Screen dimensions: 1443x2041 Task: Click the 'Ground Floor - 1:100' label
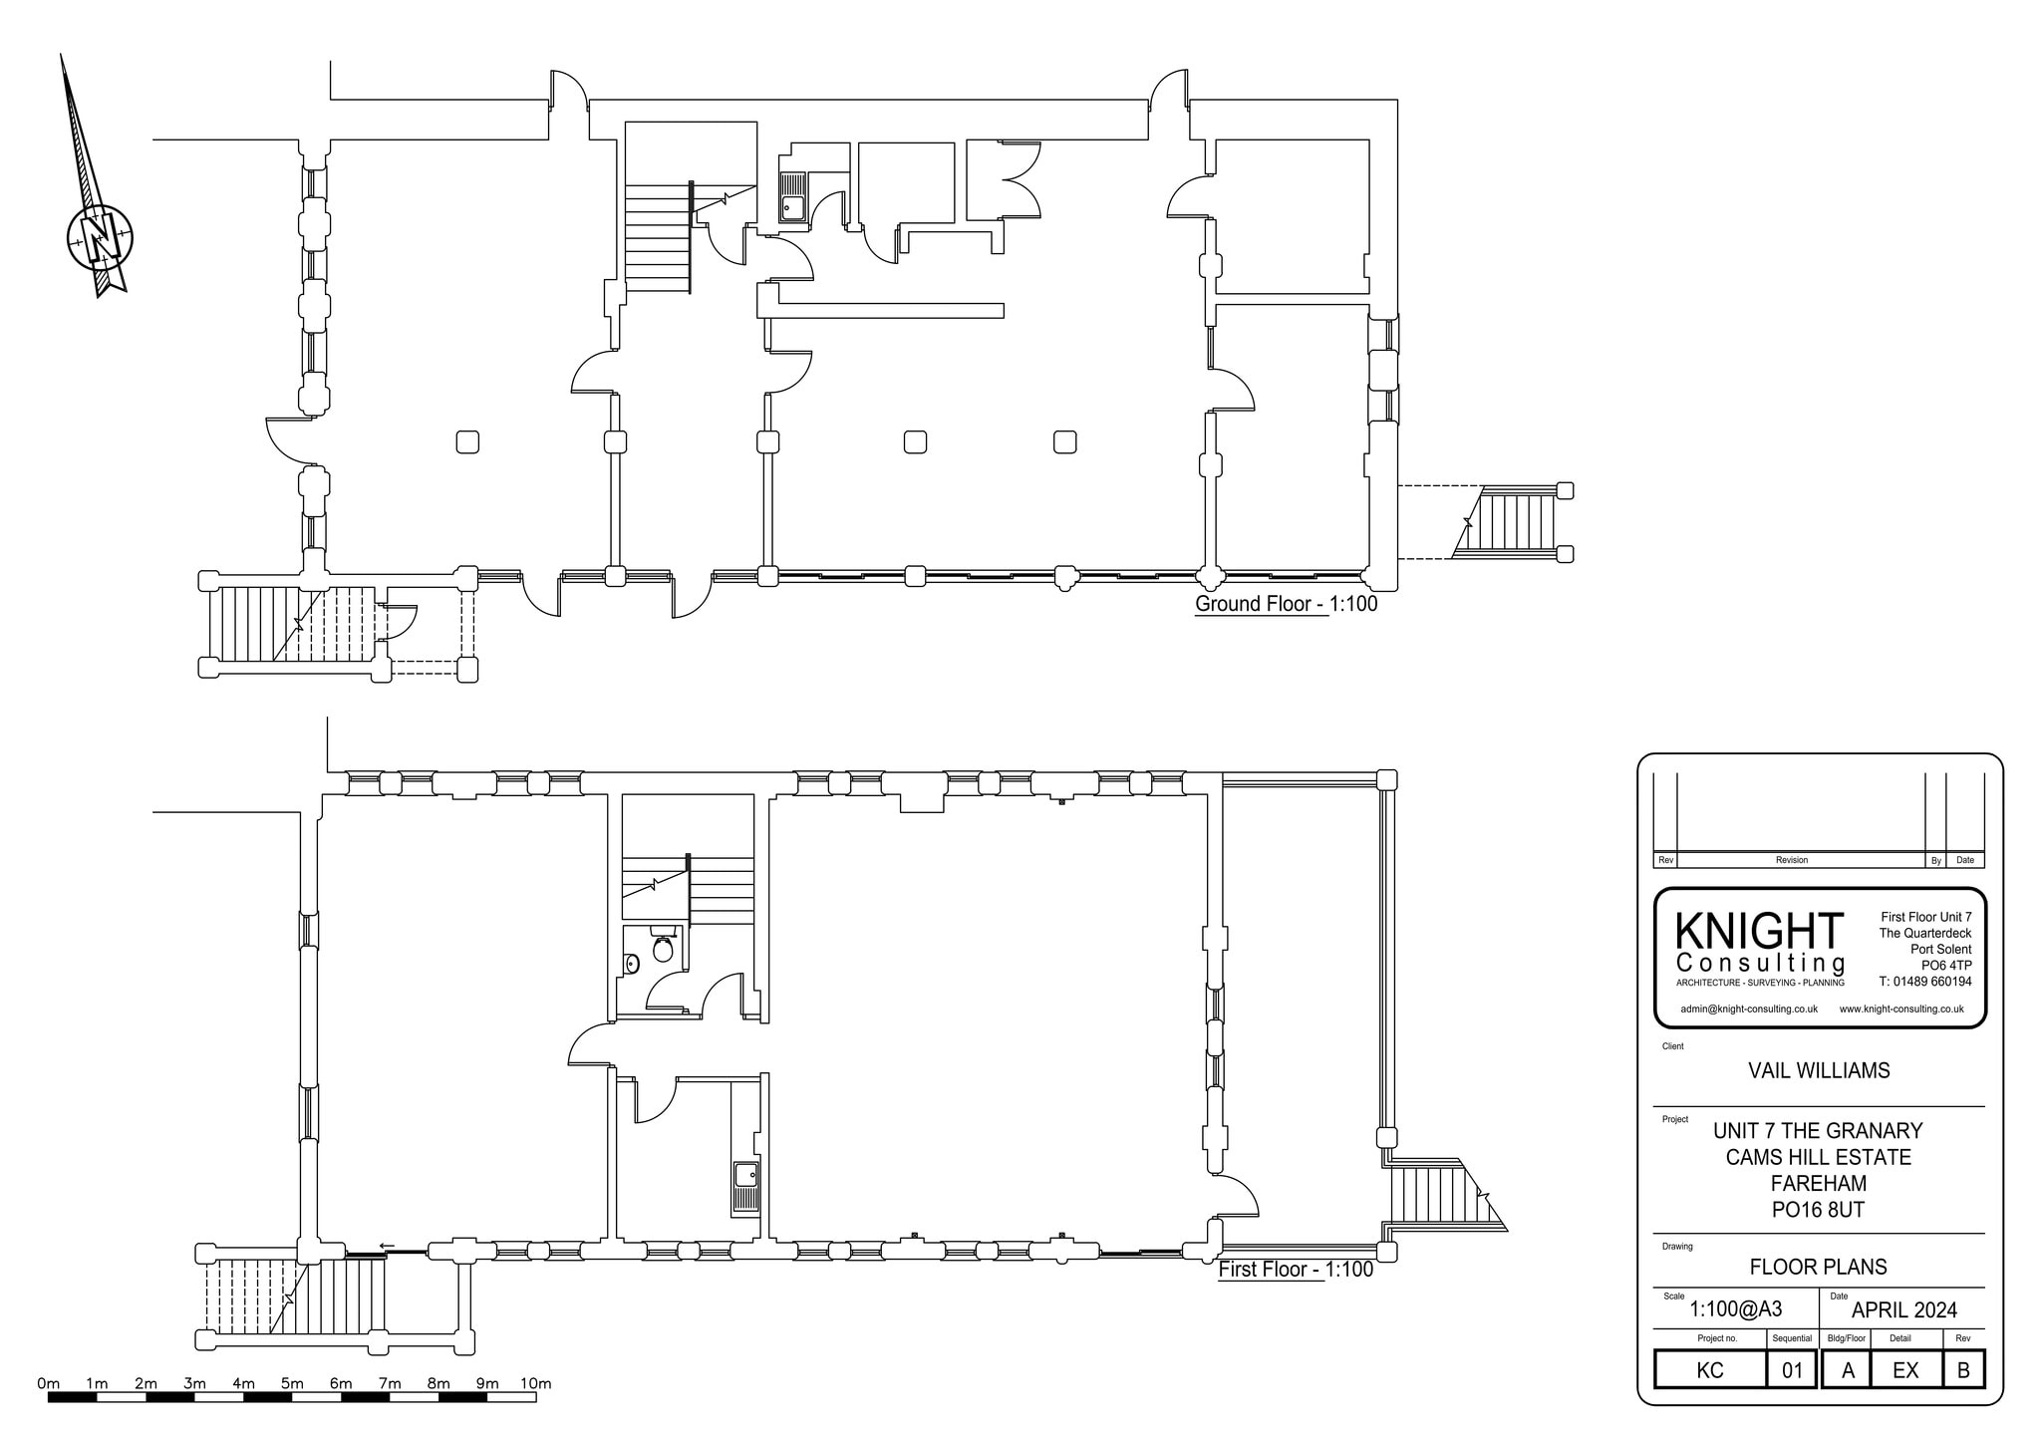1286,604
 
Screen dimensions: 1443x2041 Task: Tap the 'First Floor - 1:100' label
1296,1270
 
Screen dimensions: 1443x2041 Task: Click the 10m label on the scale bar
535,1383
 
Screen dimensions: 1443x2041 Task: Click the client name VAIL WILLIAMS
1819,1070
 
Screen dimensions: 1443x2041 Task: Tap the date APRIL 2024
1903,1310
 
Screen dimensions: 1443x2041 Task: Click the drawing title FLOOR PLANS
1819,1267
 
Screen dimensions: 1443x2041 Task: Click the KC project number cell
1710,1370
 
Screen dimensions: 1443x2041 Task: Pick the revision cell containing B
1963,1370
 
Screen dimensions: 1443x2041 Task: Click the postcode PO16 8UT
1819,1210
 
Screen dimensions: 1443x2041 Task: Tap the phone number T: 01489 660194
1925,982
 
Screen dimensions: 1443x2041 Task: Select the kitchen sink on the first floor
745,1177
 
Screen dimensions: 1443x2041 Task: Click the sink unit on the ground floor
792,197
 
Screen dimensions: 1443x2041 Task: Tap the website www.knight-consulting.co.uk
1901,1009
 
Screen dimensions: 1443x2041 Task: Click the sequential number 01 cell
1792,1370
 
